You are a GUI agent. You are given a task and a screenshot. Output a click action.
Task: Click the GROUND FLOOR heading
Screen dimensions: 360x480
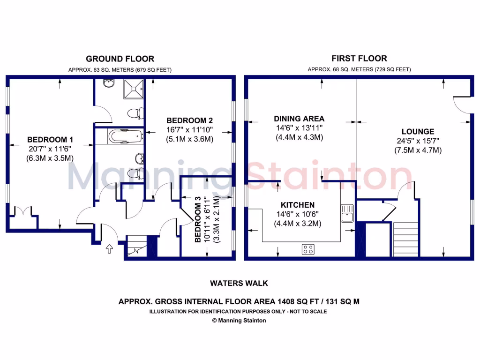[x=120, y=59]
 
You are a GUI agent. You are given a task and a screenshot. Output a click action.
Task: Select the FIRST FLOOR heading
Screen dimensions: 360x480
[x=359, y=59]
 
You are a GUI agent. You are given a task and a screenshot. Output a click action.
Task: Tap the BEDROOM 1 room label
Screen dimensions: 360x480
[x=50, y=139]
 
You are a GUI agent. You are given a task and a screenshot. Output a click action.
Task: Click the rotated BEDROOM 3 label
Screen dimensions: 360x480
[x=198, y=219]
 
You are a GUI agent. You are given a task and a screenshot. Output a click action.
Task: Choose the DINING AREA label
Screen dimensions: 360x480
[x=299, y=119]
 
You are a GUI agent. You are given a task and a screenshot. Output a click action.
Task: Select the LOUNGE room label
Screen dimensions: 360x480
[x=418, y=132]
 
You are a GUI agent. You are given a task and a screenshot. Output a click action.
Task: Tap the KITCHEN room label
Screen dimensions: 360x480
[x=297, y=205]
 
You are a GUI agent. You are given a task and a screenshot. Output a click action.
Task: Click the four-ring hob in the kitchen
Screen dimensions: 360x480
[x=308, y=250]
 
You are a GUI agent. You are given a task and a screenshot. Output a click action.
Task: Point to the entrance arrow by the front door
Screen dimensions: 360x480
[x=110, y=249]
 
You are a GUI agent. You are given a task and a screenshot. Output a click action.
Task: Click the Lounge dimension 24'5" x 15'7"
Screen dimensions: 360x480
[x=418, y=141]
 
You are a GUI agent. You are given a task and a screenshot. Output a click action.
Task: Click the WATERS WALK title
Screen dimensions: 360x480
[x=239, y=283]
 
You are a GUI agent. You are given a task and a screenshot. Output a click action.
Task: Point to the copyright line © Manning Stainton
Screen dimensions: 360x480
[x=239, y=321]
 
